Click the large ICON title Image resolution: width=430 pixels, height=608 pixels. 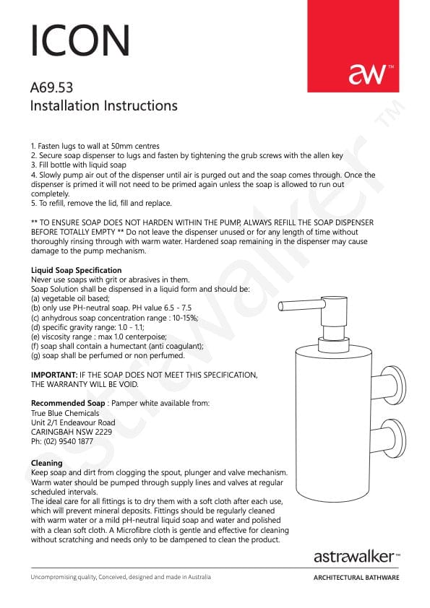point(80,40)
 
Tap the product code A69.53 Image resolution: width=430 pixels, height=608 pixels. point(51,87)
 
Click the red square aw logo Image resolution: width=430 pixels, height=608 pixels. point(353,46)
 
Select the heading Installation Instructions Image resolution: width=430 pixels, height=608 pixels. point(104,105)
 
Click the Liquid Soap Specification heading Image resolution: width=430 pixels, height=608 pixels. point(77,270)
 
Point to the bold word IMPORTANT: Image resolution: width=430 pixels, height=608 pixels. point(54,375)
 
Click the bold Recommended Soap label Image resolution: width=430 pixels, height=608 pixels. point(68,403)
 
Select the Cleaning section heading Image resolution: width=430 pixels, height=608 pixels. point(46,463)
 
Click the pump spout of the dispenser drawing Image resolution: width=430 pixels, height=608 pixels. point(301,305)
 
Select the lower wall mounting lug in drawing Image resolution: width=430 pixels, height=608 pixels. point(389,438)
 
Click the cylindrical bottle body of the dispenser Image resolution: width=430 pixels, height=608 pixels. point(334,422)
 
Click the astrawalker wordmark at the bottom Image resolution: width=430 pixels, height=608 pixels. point(354,557)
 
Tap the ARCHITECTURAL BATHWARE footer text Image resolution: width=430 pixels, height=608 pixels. point(356,578)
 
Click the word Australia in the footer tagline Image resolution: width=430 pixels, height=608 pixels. point(199,577)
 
